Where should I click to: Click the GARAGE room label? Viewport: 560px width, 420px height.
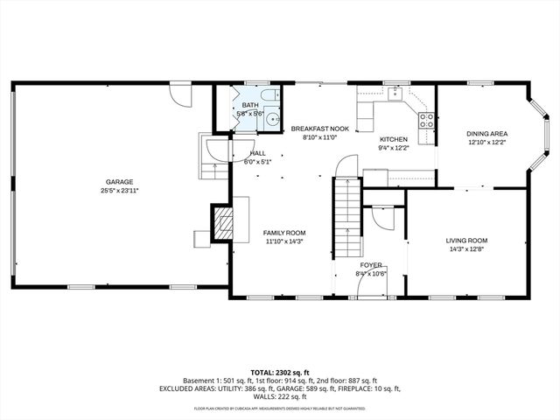[120, 182]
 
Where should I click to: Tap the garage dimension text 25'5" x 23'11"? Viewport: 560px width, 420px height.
[120, 191]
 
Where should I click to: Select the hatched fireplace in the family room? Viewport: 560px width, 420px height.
[224, 222]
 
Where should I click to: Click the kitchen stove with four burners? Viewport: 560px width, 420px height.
[427, 121]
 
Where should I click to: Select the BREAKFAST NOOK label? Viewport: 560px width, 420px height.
[319, 129]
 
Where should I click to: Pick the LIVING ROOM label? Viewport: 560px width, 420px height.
[466, 240]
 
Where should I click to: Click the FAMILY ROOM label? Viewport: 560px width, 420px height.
[284, 233]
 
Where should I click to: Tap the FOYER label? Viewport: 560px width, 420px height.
[372, 264]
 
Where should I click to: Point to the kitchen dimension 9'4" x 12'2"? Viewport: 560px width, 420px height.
[393, 149]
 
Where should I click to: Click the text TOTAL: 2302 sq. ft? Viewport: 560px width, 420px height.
[279, 372]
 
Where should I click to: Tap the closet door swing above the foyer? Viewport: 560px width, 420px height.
[382, 217]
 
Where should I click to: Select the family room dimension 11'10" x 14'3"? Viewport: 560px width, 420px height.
[284, 241]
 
